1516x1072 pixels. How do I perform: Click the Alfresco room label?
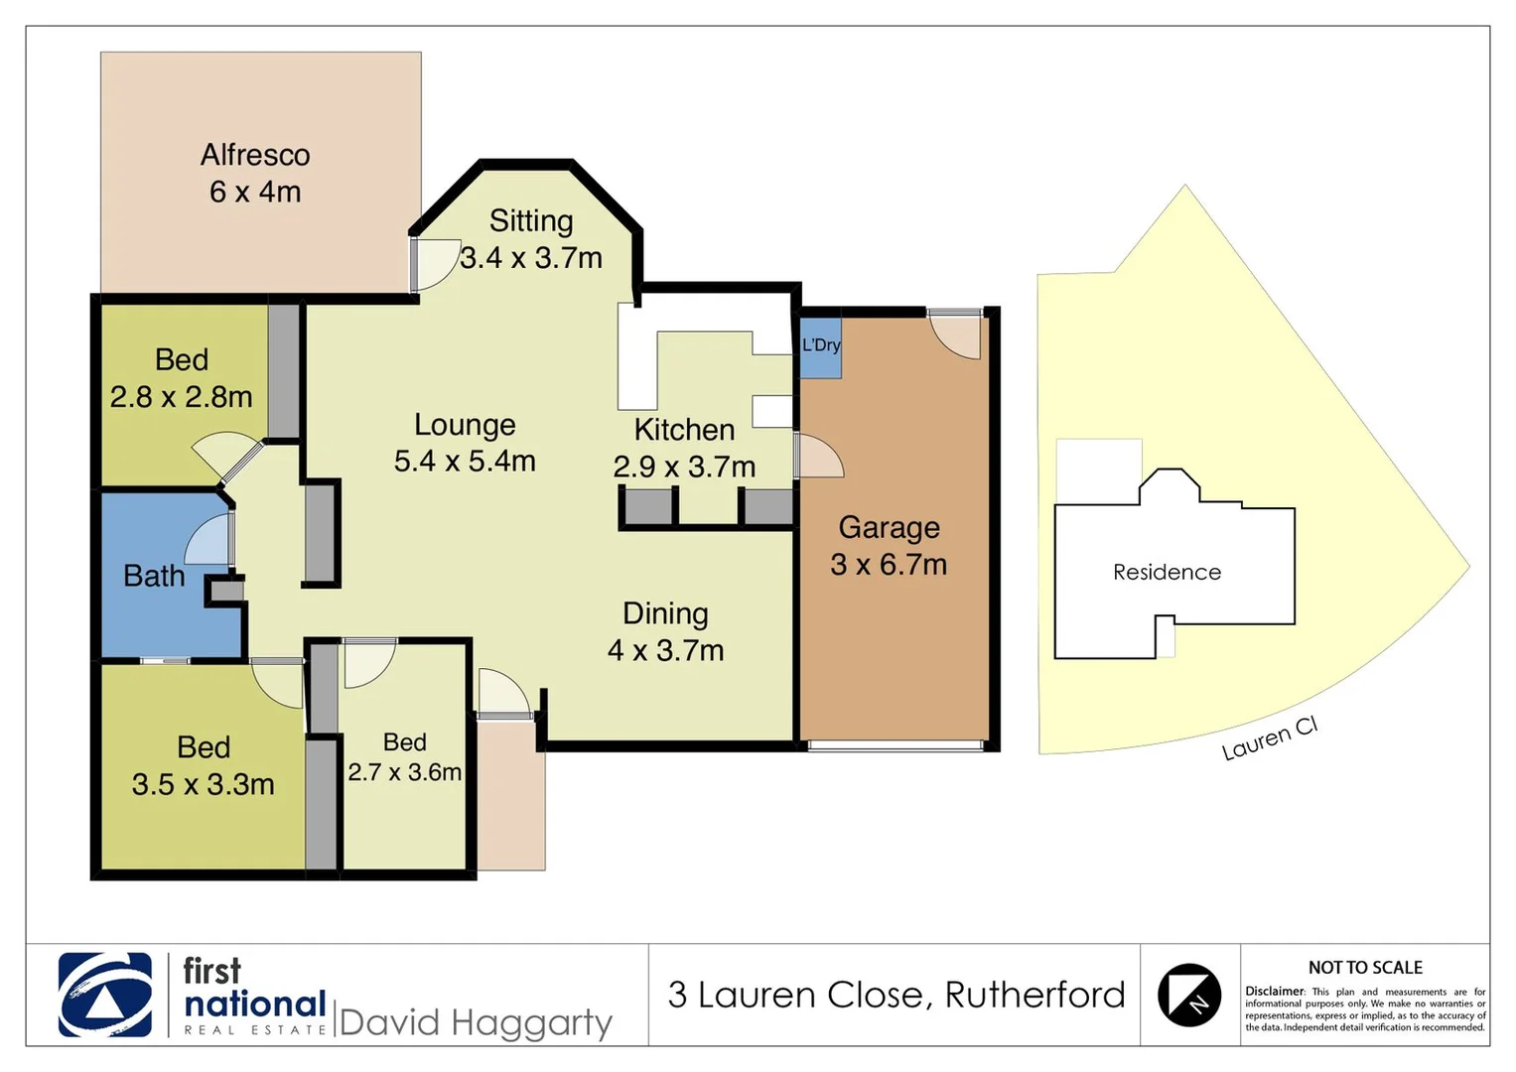255,155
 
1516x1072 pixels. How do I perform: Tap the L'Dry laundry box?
821,346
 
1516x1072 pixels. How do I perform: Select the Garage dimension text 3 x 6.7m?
889,565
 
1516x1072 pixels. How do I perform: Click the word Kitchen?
684,430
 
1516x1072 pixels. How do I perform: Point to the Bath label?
154,576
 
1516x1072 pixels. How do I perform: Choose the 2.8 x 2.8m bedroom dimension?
181,397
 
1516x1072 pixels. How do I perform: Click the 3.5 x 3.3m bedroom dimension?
203,784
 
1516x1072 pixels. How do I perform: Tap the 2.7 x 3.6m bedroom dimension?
404,772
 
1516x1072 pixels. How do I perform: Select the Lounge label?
465,425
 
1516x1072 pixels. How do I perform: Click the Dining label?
665,613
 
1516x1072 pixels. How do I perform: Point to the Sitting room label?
531,220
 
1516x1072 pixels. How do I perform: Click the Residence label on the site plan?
1167,573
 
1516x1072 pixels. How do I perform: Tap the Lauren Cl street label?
1269,738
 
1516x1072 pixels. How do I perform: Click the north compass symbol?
1188,995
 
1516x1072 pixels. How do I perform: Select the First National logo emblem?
105,995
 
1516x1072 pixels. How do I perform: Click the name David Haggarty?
476,1022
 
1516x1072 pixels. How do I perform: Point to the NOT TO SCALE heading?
1365,967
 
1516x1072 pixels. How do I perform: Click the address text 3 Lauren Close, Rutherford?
896,995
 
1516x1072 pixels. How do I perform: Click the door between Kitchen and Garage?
818,458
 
